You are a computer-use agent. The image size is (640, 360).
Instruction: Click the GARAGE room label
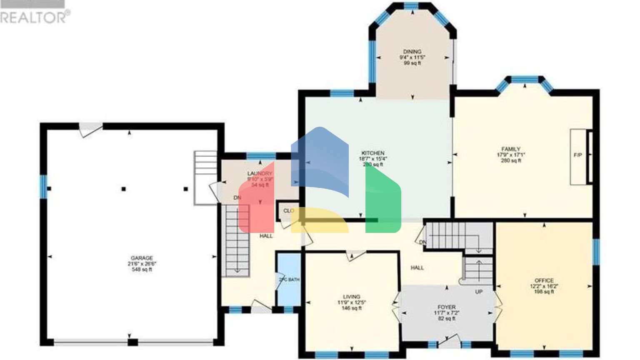coord(142,258)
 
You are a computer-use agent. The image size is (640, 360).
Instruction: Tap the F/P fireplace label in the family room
coord(578,155)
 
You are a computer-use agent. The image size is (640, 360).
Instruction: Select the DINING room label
coord(412,52)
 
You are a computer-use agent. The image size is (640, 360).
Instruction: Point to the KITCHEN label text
coord(373,153)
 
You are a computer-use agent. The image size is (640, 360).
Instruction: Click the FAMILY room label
coord(511,149)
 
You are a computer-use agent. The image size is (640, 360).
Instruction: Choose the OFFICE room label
coord(544,280)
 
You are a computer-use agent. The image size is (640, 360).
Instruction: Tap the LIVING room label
coord(352,297)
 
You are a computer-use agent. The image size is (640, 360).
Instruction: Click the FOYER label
coord(446,307)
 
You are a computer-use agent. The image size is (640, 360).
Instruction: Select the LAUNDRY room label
coord(260,173)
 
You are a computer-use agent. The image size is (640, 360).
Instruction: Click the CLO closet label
coord(288,211)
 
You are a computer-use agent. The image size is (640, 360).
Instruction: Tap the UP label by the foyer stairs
coord(479,292)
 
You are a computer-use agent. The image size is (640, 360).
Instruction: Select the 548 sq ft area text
coord(142,270)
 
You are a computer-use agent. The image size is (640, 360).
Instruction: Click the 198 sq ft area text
coord(544,292)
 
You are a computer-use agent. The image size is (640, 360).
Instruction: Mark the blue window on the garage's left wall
coord(43,186)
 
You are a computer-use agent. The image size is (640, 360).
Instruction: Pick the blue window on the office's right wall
coord(596,252)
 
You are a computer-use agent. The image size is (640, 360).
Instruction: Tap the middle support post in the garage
coord(123,189)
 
